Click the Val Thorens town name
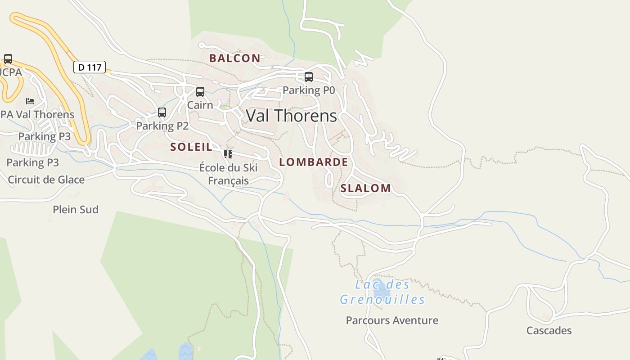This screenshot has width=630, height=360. pos(291,116)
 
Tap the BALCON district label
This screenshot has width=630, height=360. pos(234,58)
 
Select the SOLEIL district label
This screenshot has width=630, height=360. pos(191,147)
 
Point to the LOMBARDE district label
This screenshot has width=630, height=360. pos(314,162)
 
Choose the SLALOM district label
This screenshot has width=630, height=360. pos(365,189)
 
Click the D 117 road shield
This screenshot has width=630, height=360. pos(89,67)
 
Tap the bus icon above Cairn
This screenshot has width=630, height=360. pos(200,92)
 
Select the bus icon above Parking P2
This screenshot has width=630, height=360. pos(162,112)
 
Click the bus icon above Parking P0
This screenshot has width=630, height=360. pos(309,77)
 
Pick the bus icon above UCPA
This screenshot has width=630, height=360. pos(8,59)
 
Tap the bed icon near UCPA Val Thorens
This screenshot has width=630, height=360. pos(30,101)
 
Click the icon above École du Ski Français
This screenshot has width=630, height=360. pos(228,154)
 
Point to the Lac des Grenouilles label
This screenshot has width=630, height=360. pos(382,292)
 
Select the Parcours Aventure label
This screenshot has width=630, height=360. pos(392,320)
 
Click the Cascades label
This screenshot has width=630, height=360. pos(549,331)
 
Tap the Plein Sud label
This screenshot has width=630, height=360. pos(76,210)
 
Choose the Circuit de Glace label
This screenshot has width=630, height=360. pos(46,180)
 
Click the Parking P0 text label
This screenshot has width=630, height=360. pos(309,90)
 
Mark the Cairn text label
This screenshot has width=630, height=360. pos(200,105)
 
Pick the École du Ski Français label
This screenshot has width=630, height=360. pos(228,174)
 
